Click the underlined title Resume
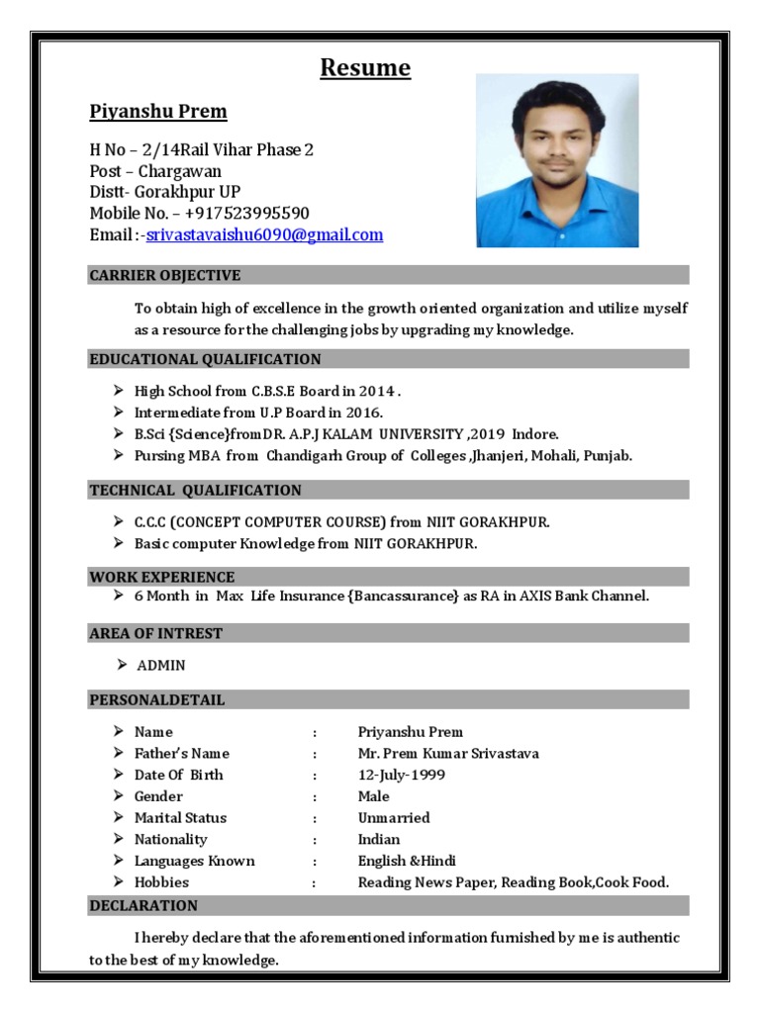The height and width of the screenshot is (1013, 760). [364, 68]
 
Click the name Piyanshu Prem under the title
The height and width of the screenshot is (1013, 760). [158, 112]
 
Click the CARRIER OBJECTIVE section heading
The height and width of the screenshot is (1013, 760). [164, 275]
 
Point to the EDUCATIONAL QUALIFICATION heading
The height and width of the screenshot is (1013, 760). [205, 359]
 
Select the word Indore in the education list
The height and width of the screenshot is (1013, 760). [535, 434]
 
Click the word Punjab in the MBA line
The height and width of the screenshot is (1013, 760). [607, 456]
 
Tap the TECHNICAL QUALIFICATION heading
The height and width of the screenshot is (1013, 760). [195, 491]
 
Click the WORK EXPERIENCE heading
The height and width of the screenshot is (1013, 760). [161, 577]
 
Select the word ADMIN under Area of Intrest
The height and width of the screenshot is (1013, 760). [160, 666]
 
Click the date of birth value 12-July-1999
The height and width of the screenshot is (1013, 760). [401, 776]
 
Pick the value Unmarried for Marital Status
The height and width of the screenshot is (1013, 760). [393, 818]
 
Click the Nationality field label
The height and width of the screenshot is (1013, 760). [170, 840]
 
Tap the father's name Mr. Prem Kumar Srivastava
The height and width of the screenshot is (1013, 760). [448, 754]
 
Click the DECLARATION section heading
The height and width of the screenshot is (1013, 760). [143, 905]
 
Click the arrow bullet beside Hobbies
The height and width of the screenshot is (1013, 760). [118, 881]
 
